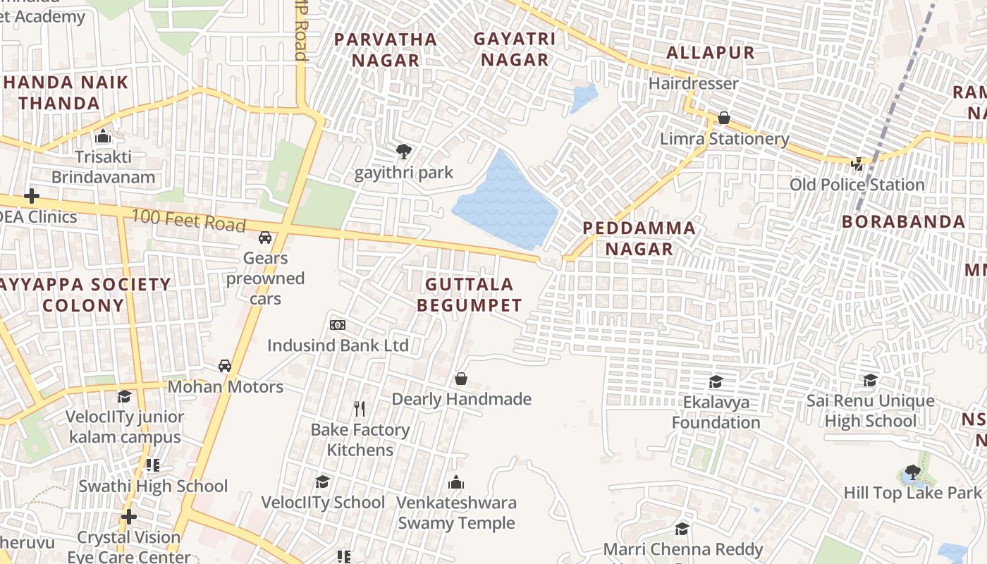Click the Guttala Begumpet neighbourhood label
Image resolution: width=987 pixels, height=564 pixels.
pyautogui.click(x=469, y=295)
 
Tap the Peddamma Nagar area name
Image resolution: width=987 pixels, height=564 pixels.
pyautogui.click(x=639, y=238)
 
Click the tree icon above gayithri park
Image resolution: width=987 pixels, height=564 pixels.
pyautogui.click(x=403, y=151)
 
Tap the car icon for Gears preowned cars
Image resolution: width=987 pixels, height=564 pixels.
pyautogui.click(x=265, y=238)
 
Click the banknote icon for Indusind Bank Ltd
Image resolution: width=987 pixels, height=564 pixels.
pyautogui.click(x=338, y=325)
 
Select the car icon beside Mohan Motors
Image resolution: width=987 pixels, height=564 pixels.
pyautogui.click(x=225, y=366)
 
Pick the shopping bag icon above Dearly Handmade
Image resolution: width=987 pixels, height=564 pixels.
pyautogui.click(x=461, y=379)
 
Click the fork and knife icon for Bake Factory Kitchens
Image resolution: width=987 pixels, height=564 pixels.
pyautogui.click(x=360, y=409)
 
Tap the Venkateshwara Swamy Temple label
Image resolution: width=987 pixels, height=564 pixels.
pyautogui.click(x=456, y=513)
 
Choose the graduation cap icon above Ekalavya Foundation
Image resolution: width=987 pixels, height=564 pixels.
pyautogui.click(x=716, y=381)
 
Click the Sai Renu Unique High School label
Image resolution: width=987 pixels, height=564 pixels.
pyautogui.click(x=870, y=411)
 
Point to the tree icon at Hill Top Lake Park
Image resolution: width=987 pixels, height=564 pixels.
pyautogui.click(x=912, y=472)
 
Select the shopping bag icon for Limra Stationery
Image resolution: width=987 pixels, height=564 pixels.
pyautogui.click(x=724, y=118)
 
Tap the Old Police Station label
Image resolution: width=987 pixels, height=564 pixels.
pyautogui.click(x=857, y=185)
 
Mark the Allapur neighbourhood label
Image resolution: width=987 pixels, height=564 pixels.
pyautogui.click(x=710, y=53)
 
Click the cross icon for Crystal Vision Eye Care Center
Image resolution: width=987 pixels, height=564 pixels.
pyautogui.click(x=128, y=517)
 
